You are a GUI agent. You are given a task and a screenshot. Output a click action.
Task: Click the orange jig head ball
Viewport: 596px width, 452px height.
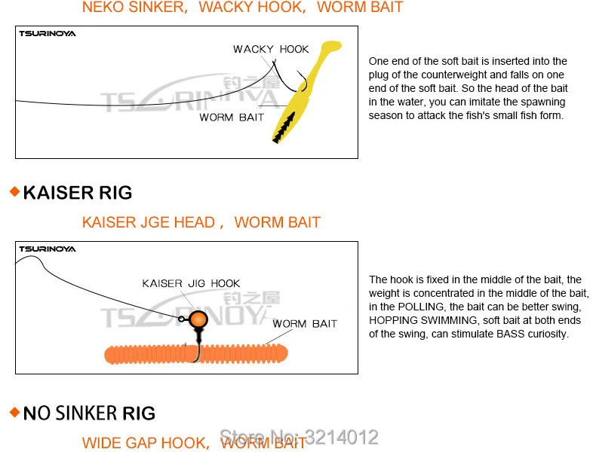tap(198, 319)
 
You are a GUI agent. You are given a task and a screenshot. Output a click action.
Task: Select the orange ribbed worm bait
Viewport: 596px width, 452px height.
tap(196, 354)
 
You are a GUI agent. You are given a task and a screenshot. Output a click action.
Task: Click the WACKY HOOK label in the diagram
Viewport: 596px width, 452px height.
tap(271, 49)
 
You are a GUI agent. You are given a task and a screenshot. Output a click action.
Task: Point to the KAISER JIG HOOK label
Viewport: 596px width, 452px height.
tap(191, 283)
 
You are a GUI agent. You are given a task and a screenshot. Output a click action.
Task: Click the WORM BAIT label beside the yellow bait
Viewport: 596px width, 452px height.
tap(232, 118)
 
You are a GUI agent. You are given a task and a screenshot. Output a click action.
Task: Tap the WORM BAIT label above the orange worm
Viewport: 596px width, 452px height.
tap(305, 324)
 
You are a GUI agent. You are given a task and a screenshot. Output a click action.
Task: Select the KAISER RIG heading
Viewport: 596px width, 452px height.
tap(78, 193)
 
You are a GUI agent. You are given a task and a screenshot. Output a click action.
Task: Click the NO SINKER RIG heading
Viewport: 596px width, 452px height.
tap(89, 413)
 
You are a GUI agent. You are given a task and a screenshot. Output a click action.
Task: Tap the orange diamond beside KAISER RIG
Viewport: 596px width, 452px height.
tap(14, 191)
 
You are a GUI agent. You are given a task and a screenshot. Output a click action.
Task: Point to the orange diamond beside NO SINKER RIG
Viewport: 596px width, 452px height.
tap(14, 412)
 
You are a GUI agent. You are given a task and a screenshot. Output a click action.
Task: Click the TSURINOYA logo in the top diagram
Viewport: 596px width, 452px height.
tap(48, 34)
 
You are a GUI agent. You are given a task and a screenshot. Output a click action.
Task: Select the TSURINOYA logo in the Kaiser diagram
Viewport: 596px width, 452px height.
tap(48, 249)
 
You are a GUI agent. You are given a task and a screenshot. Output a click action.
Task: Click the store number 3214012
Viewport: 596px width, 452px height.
tap(342, 437)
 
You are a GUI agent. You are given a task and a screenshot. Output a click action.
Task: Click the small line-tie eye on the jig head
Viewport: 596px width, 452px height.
tap(182, 319)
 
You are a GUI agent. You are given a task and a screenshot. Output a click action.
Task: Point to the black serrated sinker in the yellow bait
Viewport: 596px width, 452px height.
tap(284, 128)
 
